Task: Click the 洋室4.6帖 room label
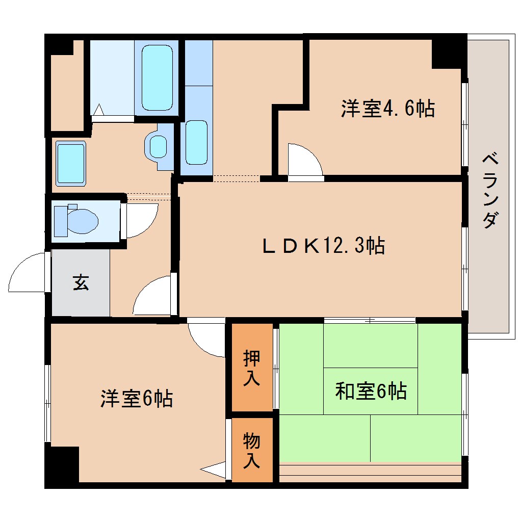387,109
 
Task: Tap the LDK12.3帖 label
323,246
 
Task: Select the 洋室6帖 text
136,399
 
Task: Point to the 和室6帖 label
370,391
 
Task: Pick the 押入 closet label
252,368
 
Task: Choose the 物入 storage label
252,450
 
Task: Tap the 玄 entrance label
81,282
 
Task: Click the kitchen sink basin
196,142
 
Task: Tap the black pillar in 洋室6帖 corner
62,464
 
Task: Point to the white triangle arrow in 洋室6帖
214,470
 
